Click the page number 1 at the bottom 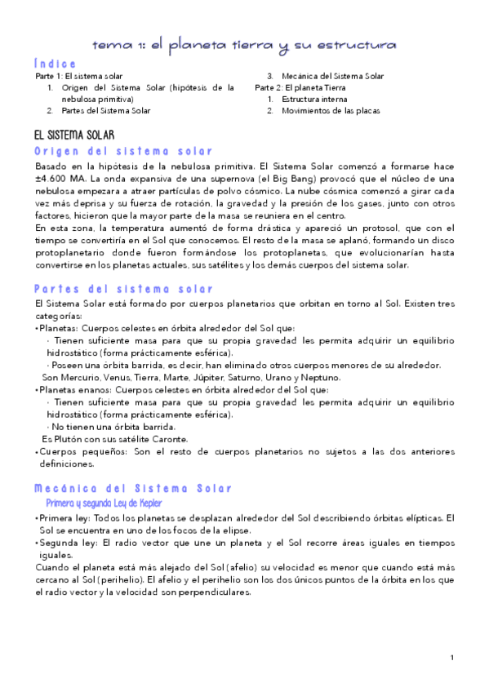tap(451, 657)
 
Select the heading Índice tap(56, 63)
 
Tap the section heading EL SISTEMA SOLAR tap(74, 135)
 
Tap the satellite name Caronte tap(168, 439)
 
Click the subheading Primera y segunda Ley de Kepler tap(104, 503)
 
